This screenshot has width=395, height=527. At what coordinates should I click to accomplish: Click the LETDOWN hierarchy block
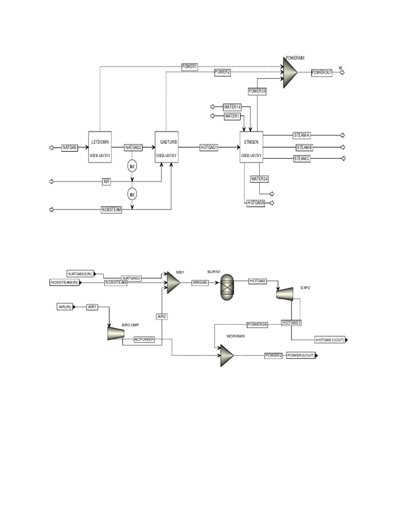click(x=100, y=147)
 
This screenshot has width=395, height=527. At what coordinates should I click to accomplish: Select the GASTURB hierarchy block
click(x=167, y=147)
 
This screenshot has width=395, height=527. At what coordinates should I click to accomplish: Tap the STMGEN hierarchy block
click(x=252, y=147)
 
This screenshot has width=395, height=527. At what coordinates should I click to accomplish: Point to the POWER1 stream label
click(x=190, y=66)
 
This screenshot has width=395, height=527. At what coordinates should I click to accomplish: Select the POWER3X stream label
click(x=258, y=91)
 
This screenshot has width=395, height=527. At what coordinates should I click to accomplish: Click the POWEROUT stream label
click(x=321, y=73)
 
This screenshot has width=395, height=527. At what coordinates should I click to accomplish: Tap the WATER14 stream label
click(x=232, y=107)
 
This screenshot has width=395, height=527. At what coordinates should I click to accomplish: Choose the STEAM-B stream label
click(x=304, y=147)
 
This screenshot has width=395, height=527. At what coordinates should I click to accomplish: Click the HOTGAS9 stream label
click(x=256, y=203)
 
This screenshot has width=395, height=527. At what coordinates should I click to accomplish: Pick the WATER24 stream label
click(x=260, y=179)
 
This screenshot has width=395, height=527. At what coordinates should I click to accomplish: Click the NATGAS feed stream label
click(x=70, y=147)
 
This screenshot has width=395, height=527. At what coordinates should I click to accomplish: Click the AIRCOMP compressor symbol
click(x=114, y=332)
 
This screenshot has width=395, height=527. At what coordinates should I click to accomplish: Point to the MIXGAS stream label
click(x=201, y=282)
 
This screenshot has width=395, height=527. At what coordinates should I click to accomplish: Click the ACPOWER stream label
click(x=144, y=339)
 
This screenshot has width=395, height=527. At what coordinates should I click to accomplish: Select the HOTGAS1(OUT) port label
click(x=330, y=340)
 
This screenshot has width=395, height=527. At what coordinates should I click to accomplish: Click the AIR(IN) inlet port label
click(x=65, y=307)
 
